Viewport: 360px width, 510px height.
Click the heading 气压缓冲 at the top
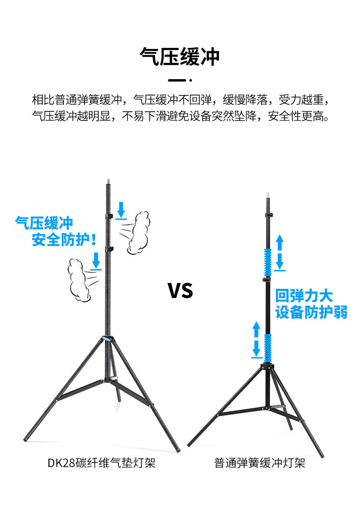pos(180,57)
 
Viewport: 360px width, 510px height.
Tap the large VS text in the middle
pos(180,291)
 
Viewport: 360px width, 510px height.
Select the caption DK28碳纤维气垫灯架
pos(101,463)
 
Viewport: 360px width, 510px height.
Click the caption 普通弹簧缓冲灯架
pos(260,463)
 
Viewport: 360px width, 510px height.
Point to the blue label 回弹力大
pos(304,295)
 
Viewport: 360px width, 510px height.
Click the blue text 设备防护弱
pos(311,312)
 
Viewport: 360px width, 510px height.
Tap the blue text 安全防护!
pos(64,240)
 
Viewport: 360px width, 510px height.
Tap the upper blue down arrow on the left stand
pos(121,210)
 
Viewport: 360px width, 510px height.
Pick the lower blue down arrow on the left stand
pos(96,261)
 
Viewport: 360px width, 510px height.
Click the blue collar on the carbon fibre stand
pos(108,340)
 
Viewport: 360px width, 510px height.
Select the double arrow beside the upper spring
pos(280,252)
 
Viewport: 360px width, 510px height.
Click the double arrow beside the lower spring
pos(257,340)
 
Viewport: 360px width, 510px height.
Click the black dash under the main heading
pos(177,80)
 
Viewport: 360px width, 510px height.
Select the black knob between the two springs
pos(265,279)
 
